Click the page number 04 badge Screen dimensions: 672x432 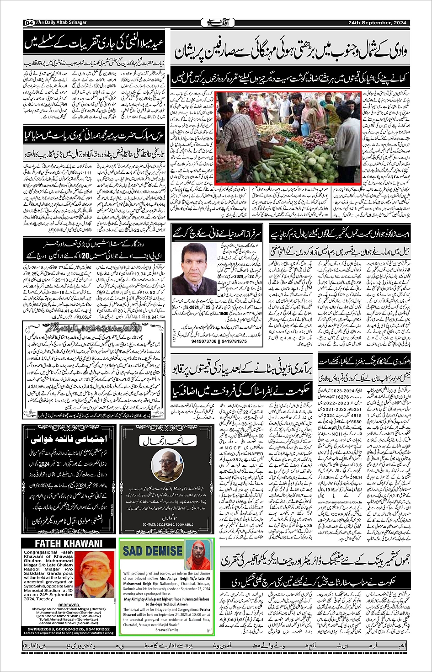tap(29, 22)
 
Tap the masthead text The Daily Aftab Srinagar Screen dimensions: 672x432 tap(61, 22)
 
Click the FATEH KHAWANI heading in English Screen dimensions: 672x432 tap(69, 544)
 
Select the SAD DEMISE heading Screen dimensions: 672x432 tap(152, 550)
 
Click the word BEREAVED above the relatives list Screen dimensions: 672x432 tap(68, 605)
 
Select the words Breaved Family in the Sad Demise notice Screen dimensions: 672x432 tap(167, 630)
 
